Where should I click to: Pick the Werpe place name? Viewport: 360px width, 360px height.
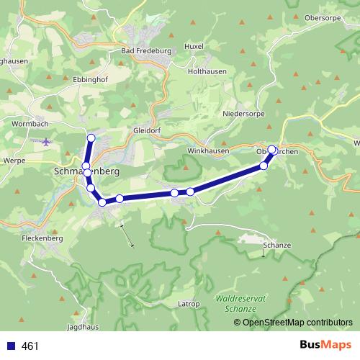[x=14, y=159]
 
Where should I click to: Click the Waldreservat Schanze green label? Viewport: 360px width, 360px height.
[x=235, y=302]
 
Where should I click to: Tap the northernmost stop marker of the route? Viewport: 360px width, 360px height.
[x=91, y=138]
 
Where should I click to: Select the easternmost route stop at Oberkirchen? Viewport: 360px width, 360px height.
[x=272, y=150]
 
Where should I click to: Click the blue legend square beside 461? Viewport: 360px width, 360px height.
[x=9, y=346]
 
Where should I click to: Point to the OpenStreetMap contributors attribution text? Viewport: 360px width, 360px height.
[x=298, y=322]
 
